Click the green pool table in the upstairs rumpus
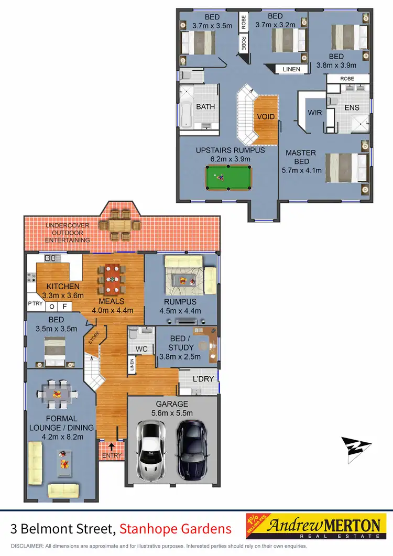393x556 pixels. click(228, 178)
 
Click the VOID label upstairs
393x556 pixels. click(266, 116)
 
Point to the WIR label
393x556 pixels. click(315, 113)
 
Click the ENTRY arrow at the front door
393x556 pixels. click(111, 446)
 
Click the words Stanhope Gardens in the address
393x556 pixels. click(175, 529)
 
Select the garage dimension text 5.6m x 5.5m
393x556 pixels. click(171, 413)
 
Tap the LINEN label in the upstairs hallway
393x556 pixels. click(292, 69)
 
